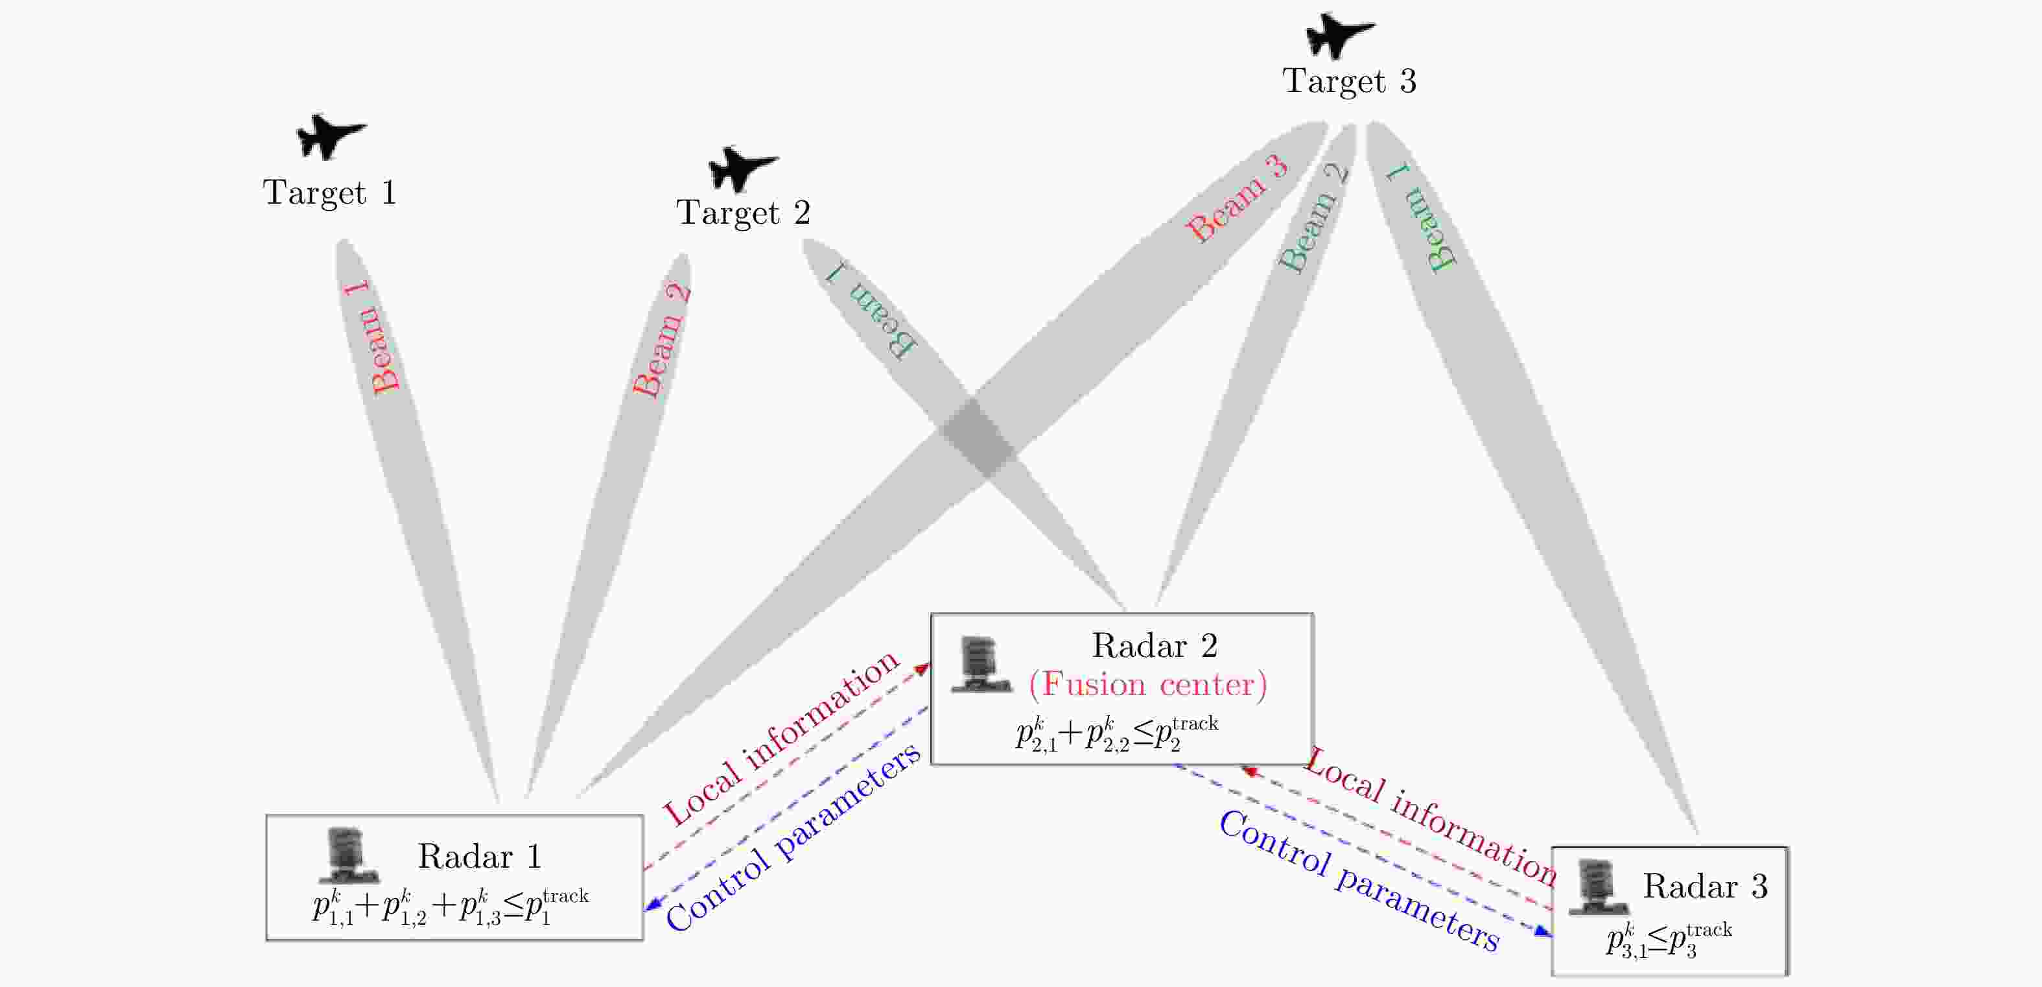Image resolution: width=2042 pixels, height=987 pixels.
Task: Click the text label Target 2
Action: pos(743,213)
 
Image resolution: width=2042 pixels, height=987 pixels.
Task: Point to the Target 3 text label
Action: pos(1349,82)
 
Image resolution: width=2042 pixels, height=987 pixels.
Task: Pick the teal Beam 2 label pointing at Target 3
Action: pos(1313,217)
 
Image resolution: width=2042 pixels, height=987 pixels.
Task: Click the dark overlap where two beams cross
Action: pos(978,438)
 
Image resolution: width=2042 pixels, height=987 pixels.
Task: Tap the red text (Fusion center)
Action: pos(1147,684)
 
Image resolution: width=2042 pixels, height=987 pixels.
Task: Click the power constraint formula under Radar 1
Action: pos(451,908)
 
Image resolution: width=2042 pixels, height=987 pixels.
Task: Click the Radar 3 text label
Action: pos(1705,886)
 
